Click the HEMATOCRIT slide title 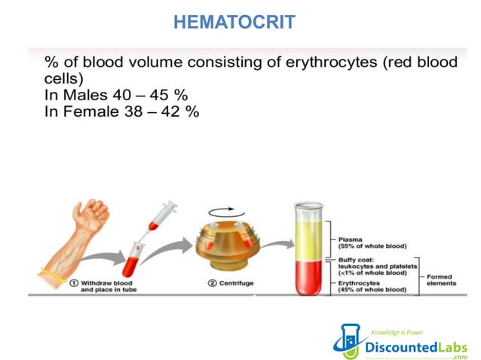click(x=234, y=23)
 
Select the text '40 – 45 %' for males click(x=147, y=96)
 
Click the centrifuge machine click(x=231, y=252)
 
